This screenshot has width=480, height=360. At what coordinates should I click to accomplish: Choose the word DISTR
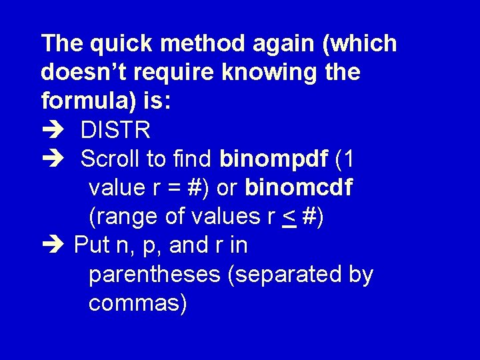[115, 131]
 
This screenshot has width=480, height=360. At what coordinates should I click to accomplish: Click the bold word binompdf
[274, 160]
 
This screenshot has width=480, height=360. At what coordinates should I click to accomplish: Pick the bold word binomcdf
[299, 189]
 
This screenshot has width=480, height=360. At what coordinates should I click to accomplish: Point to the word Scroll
[111, 160]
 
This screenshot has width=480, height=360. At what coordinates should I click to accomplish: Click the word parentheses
[154, 275]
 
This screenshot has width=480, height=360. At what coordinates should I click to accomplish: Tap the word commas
[137, 304]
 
